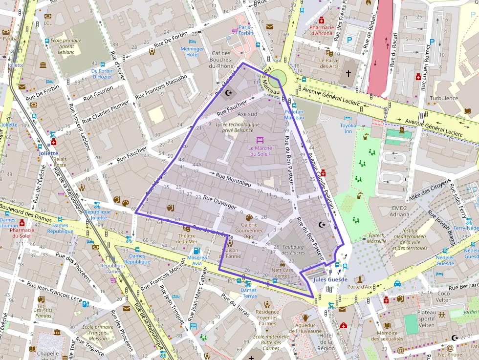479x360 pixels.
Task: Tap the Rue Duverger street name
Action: click(x=219, y=203)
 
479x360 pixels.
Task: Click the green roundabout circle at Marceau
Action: click(x=278, y=77)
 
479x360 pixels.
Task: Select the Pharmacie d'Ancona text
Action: click(x=322, y=30)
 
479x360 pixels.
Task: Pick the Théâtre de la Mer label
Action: click(x=187, y=238)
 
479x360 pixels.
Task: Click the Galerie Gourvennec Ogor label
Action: click(x=249, y=230)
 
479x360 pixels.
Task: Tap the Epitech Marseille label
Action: click(x=377, y=238)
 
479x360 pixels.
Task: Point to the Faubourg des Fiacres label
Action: click(x=293, y=250)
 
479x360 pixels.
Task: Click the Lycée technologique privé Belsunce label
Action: click(x=238, y=127)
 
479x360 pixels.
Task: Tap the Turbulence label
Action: click(x=444, y=98)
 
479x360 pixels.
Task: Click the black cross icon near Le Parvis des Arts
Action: click(x=348, y=73)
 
